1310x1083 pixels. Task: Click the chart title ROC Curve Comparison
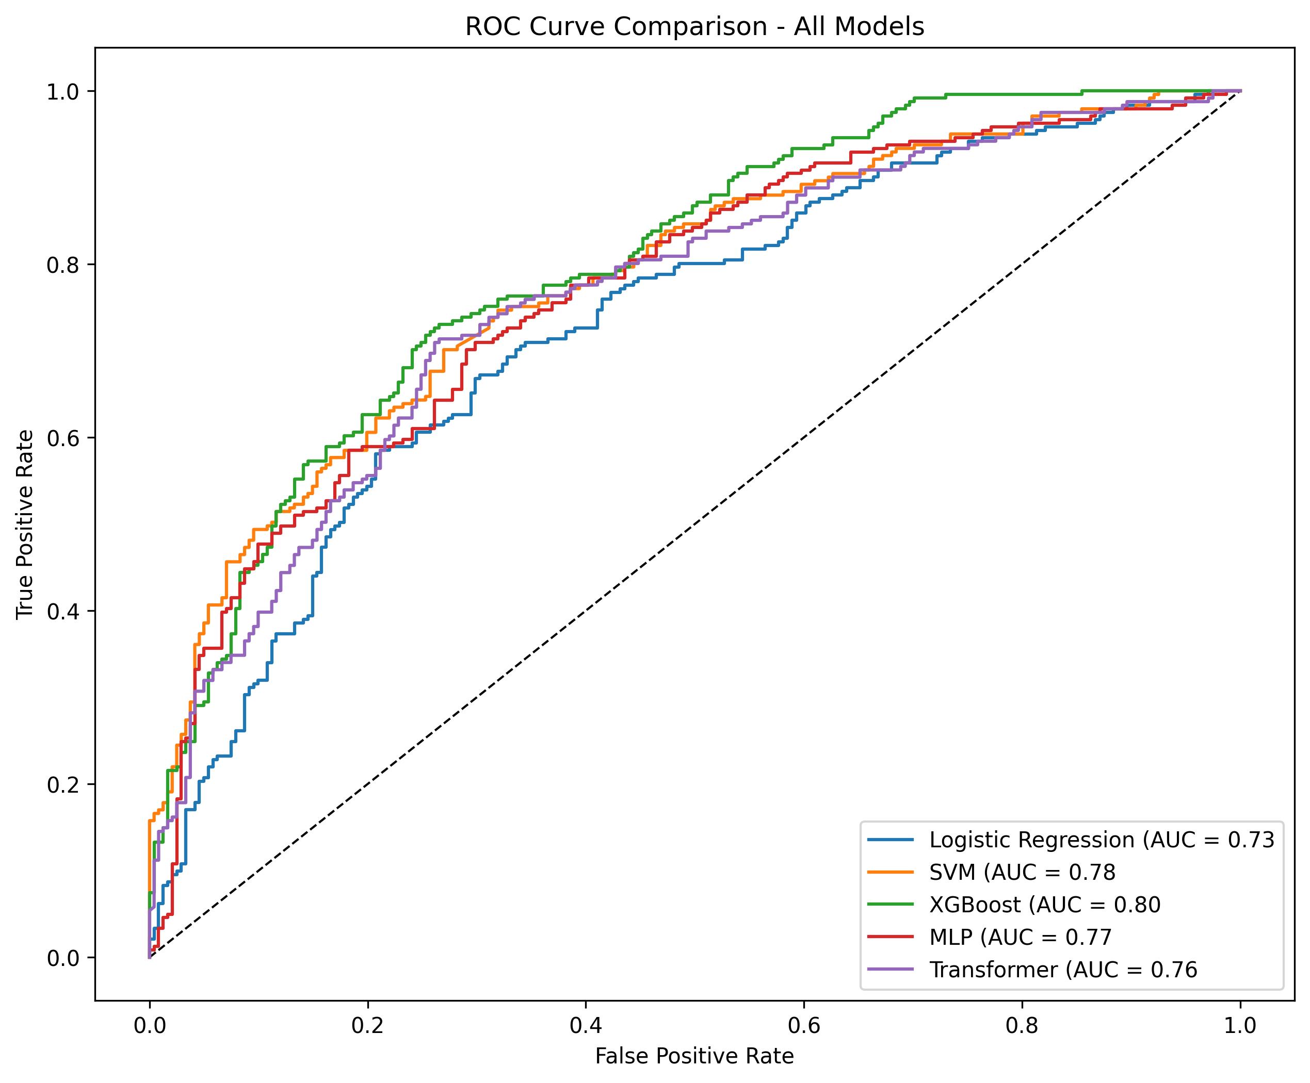pos(694,27)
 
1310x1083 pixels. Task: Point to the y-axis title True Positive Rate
pos(25,524)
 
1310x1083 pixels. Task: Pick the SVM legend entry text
pos(1022,872)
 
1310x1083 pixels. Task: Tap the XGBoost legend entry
pos(1044,905)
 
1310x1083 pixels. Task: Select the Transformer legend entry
pos(1063,970)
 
